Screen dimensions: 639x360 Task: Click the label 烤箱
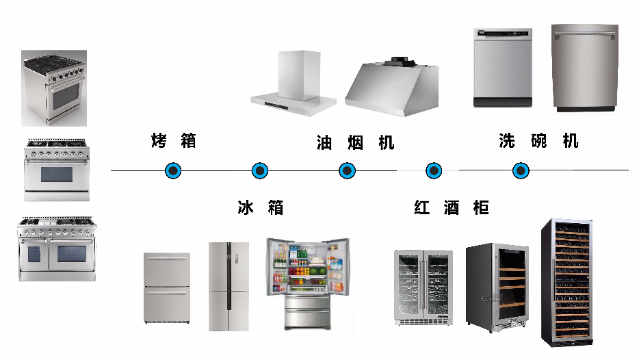(x=174, y=141)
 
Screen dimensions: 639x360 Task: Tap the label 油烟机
(x=355, y=142)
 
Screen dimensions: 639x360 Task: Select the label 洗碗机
(x=538, y=141)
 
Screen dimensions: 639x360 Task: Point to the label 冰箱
(x=260, y=207)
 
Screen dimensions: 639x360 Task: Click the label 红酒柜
(x=451, y=207)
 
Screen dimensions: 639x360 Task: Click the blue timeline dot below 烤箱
(x=174, y=170)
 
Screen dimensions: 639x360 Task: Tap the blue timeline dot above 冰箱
(x=259, y=170)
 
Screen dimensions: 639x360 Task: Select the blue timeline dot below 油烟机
(x=348, y=170)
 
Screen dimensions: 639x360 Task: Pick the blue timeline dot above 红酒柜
(x=434, y=170)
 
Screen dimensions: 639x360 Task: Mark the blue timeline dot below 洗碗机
(x=521, y=170)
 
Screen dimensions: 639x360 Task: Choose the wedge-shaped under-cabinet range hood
(x=392, y=85)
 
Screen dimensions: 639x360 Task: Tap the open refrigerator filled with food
(x=308, y=284)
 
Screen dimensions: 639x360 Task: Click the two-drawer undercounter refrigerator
(x=166, y=288)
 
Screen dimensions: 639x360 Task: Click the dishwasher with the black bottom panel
(x=503, y=67)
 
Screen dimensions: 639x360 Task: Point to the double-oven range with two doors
(x=57, y=249)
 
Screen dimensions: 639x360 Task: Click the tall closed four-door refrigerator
(x=229, y=285)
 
